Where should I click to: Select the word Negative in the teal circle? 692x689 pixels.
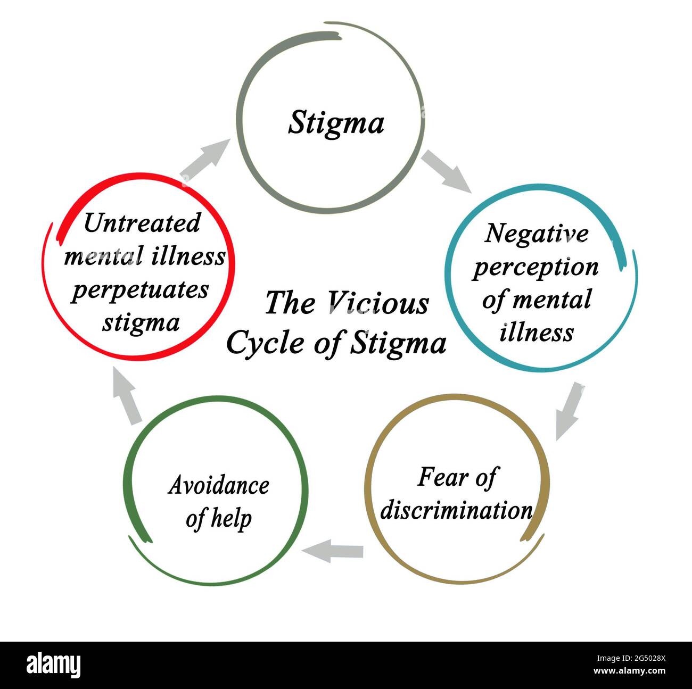[x=536, y=234]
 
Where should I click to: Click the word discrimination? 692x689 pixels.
[x=456, y=510]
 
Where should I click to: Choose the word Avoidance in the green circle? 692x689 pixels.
[x=219, y=485]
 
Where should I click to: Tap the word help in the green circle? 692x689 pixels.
[x=231, y=519]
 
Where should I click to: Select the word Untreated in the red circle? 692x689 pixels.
[x=142, y=223]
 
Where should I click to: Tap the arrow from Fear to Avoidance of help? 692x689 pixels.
[x=332, y=551]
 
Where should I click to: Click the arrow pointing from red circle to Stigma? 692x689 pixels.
[x=205, y=160]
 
